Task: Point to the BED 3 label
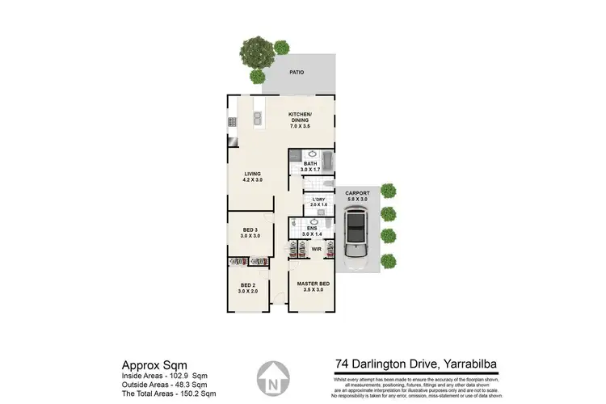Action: pyautogui.click(x=251, y=232)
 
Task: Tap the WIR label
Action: pyautogui.click(x=316, y=250)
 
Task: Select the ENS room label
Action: pyautogui.click(x=311, y=229)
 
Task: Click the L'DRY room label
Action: pyautogui.click(x=318, y=202)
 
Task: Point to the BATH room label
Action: pyautogui.click(x=310, y=166)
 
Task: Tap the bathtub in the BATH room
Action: pyautogui.click(x=326, y=158)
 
